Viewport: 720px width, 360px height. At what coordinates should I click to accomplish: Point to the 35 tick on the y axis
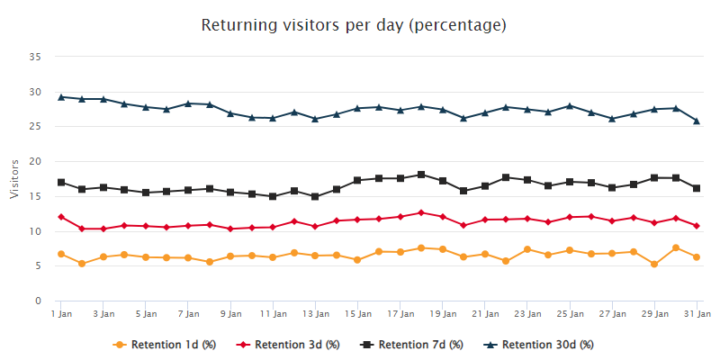[x=37, y=57]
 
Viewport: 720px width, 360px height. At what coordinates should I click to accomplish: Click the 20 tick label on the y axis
[x=37, y=161]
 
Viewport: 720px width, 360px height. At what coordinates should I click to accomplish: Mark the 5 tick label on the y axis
[x=40, y=265]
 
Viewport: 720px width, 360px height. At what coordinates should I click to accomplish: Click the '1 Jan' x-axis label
[x=61, y=313]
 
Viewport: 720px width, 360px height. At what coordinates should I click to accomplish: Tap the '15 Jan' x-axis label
[x=358, y=313]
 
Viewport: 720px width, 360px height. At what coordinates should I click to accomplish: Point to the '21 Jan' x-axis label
[x=485, y=313]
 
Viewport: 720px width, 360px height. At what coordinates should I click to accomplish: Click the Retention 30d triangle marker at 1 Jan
[x=61, y=96]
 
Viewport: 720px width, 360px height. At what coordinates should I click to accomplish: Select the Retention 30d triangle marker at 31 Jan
[x=697, y=121]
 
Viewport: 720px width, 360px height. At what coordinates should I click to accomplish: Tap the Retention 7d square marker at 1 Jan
[x=61, y=183]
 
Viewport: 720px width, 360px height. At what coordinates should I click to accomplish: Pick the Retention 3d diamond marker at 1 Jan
[x=61, y=217]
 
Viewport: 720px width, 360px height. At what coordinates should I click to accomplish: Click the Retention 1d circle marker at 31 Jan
[x=697, y=257]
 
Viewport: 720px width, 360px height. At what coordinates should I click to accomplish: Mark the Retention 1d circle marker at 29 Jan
[x=654, y=264]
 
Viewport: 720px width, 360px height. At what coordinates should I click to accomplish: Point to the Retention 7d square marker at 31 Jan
[x=697, y=188]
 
